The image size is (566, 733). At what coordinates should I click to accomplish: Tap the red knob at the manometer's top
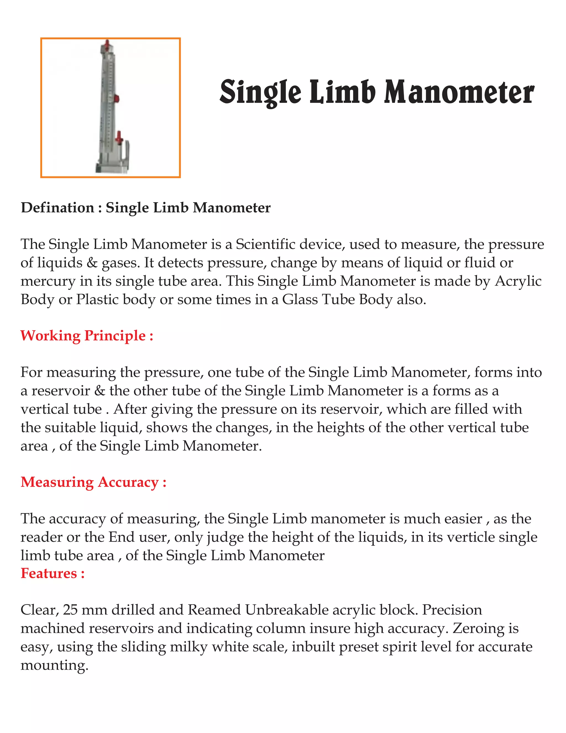tap(107, 44)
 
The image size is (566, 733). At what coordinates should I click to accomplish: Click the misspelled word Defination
tap(57, 208)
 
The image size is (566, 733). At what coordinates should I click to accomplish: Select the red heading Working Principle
tap(87, 335)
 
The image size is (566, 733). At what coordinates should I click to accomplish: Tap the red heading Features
tap(52, 573)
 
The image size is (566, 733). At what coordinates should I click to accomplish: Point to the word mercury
tap(48, 281)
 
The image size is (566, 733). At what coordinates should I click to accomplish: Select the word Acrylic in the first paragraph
tap(518, 281)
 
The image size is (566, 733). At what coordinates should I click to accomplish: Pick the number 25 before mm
tap(70, 609)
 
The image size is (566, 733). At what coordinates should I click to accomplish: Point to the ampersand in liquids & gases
tap(92, 263)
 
